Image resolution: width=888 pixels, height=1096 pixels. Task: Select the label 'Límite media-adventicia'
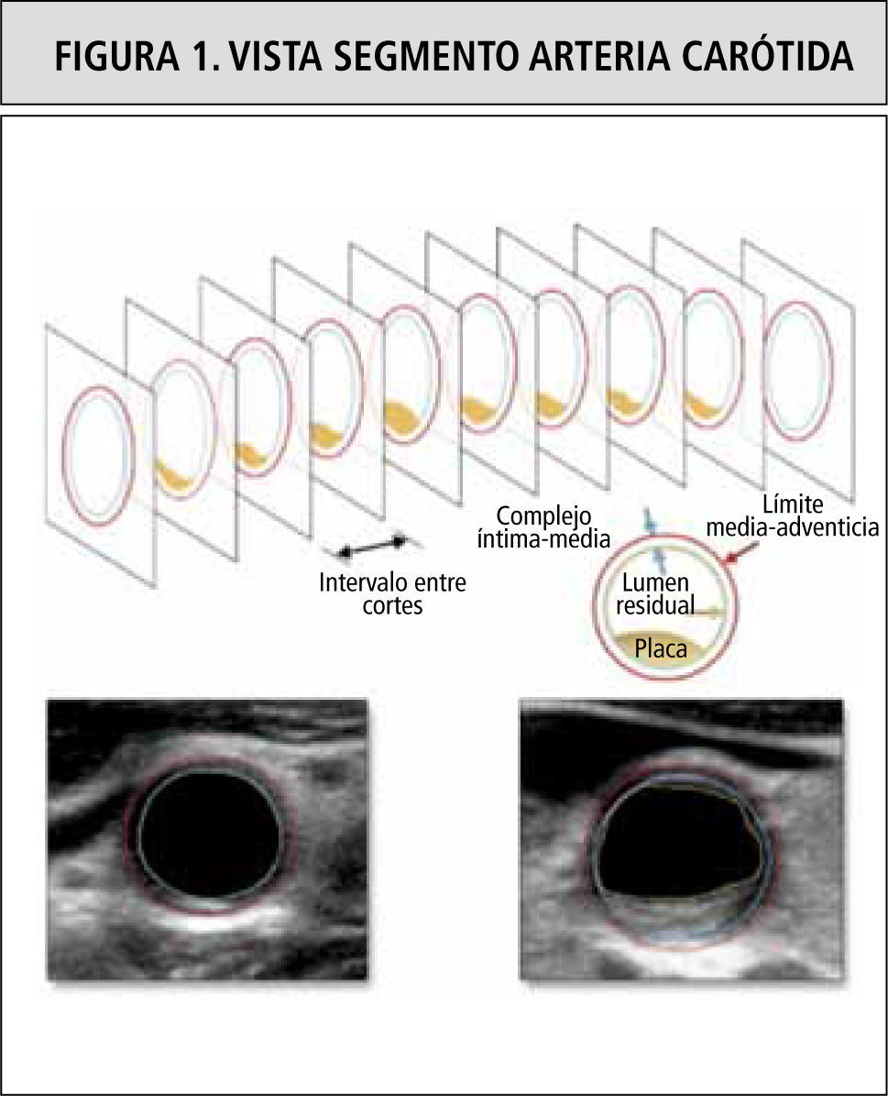pyautogui.click(x=793, y=515)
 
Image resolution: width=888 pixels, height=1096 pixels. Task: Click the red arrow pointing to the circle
pyautogui.click(x=744, y=550)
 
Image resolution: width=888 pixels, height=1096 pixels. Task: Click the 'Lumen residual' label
pyautogui.click(x=655, y=594)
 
